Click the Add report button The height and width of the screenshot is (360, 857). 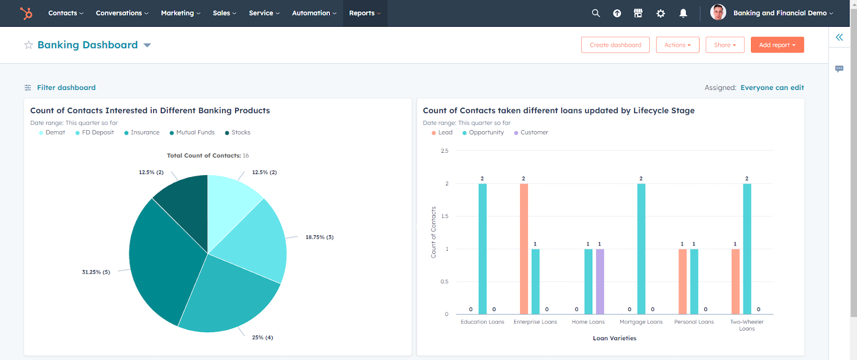(777, 45)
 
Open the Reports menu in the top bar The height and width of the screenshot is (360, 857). (365, 13)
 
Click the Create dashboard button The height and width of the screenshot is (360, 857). (615, 45)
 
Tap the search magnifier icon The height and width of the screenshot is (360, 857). (596, 13)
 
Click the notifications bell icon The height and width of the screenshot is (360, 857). (683, 13)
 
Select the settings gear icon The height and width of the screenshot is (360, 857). (660, 13)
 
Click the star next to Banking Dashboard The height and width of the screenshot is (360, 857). (28, 45)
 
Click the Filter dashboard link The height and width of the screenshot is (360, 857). (66, 87)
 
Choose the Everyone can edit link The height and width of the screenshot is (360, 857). (772, 87)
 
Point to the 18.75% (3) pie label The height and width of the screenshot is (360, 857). (319, 237)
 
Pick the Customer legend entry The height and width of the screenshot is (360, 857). (534, 132)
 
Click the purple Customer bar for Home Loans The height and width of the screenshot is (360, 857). (600, 281)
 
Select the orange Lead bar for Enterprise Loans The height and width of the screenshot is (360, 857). (524, 249)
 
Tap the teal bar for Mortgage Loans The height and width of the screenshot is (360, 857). (641, 249)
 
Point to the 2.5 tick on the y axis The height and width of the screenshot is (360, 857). (445, 151)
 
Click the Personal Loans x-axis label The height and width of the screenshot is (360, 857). (694, 322)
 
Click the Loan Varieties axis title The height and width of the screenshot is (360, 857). (614, 338)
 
